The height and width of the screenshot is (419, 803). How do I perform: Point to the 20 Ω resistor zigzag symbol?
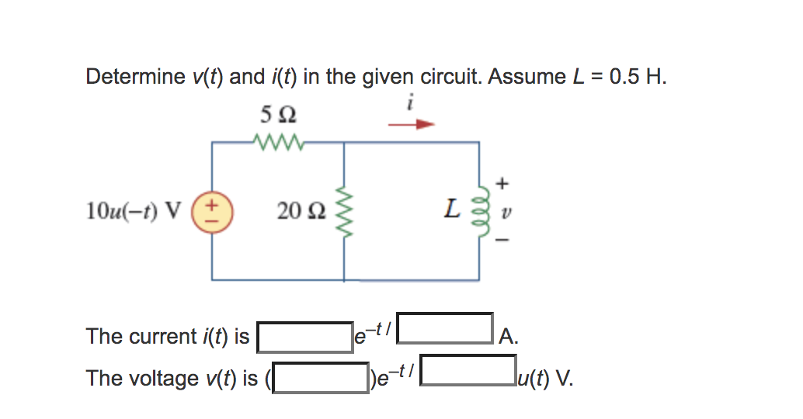pos(343,210)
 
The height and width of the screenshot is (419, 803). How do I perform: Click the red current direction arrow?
pos(411,123)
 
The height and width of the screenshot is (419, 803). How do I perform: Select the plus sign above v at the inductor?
pos(502,183)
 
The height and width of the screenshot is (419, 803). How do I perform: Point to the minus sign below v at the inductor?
pos(502,241)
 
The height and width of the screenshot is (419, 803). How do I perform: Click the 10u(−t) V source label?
pos(134,209)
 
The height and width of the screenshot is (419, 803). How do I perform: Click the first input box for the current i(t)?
pos(304,337)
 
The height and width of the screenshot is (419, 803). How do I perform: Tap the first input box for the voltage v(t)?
pos(322,378)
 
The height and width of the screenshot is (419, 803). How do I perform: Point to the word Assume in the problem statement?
pos(522,77)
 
